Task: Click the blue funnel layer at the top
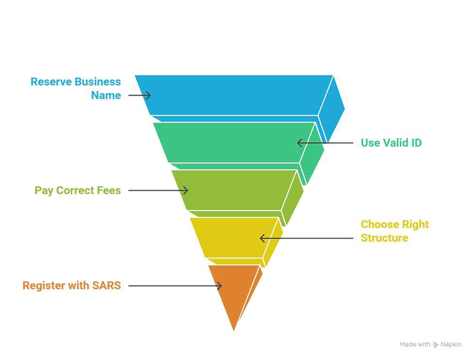coord(233,95)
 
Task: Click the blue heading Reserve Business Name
coord(76,88)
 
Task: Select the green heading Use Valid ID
coord(391,143)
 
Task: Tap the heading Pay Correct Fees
coord(78,190)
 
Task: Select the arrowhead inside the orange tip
coord(218,286)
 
